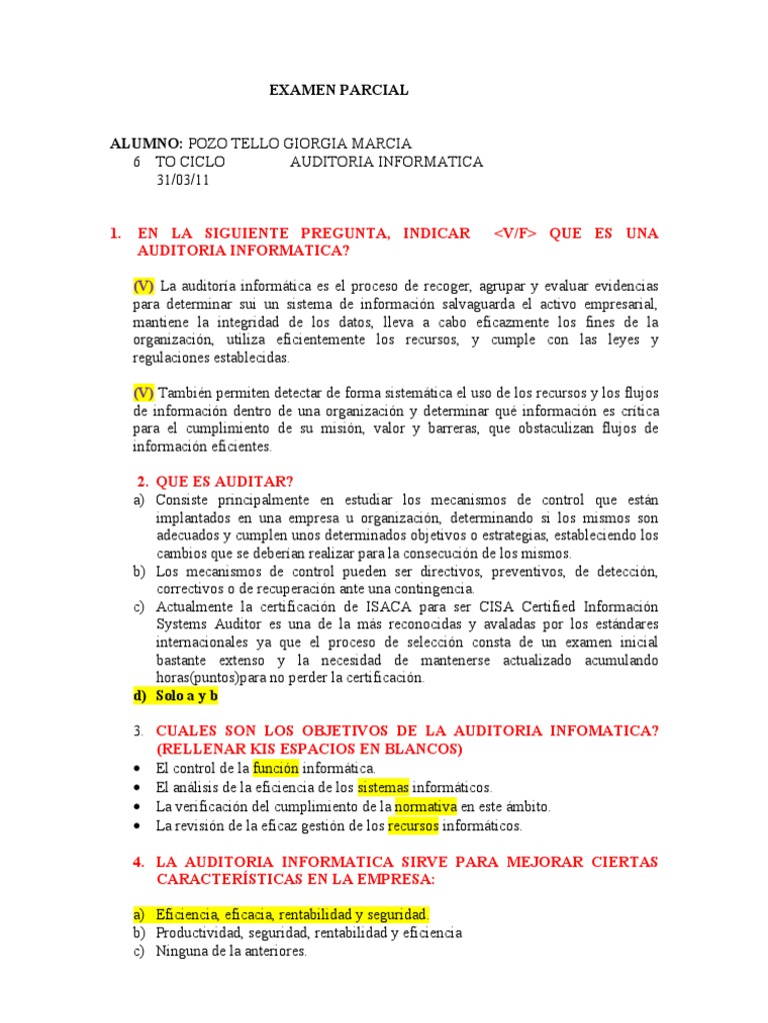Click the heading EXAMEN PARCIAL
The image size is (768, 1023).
pyautogui.click(x=339, y=91)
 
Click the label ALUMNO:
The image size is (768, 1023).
pyautogui.click(x=146, y=144)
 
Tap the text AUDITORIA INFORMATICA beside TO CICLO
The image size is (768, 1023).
pyautogui.click(x=387, y=162)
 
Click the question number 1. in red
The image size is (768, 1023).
pyautogui.click(x=115, y=234)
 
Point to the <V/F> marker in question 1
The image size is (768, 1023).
pyautogui.click(x=516, y=234)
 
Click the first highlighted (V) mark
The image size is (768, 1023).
pyautogui.click(x=144, y=286)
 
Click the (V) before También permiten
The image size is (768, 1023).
pyautogui.click(x=144, y=393)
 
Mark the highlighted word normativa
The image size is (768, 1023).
pyautogui.click(x=426, y=806)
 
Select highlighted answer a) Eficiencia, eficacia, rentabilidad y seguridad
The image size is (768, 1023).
pyautogui.click(x=281, y=914)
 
